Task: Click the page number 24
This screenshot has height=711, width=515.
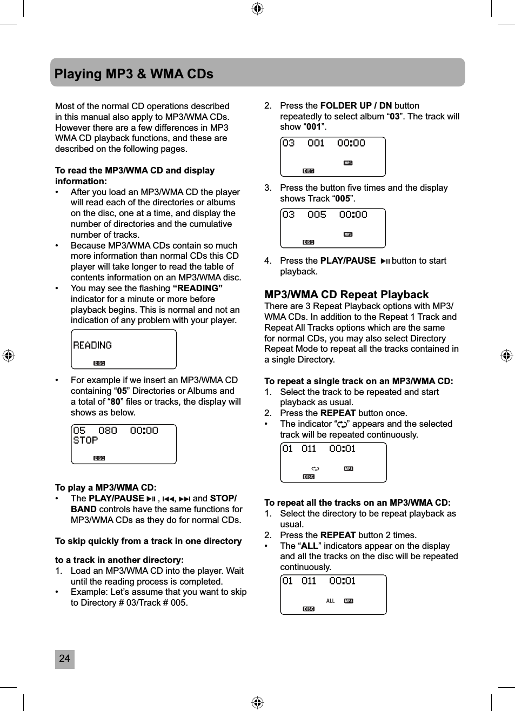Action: tap(64, 659)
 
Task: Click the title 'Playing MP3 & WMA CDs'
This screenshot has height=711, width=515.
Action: tap(134, 73)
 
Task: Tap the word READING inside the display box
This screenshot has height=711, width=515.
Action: tap(92, 345)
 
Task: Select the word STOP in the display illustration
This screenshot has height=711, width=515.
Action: tap(85, 440)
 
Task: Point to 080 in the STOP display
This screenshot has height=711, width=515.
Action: tap(108, 431)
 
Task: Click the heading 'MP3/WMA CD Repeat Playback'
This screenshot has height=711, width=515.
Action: tap(346, 294)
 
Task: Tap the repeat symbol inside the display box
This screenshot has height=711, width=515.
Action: tap(315, 468)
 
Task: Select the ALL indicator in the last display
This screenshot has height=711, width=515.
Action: tap(330, 601)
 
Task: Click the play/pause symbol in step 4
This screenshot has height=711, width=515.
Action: tap(385, 261)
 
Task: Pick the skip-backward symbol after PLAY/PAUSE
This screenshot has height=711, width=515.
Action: tap(168, 499)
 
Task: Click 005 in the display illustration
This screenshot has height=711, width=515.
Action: tap(317, 214)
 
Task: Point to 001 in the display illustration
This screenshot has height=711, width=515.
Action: tap(316, 143)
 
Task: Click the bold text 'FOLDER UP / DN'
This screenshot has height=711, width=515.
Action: tap(356, 105)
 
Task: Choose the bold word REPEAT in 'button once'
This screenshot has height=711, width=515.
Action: tap(338, 413)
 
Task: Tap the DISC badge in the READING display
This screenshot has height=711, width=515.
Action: tap(99, 364)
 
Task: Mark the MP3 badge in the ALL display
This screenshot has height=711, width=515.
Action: tap(349, 601)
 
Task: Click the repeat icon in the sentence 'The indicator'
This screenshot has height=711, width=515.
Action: tap(342, 425)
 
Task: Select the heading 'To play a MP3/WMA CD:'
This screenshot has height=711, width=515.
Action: tap(106, 487)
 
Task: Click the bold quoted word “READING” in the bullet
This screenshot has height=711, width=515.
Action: tap(197, 288)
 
